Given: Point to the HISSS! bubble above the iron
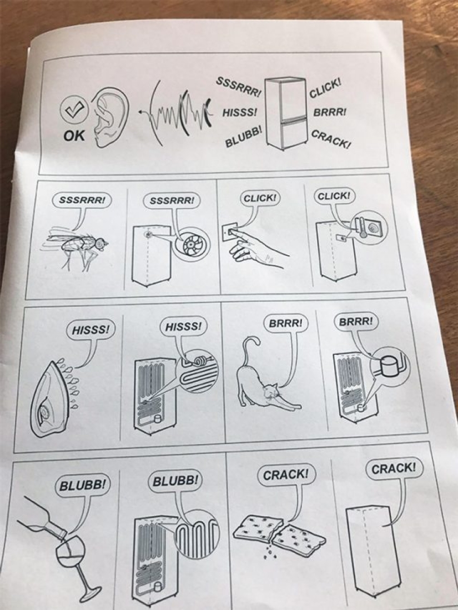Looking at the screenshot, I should pos(91,329).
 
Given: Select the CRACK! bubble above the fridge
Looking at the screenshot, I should pos(393,468).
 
